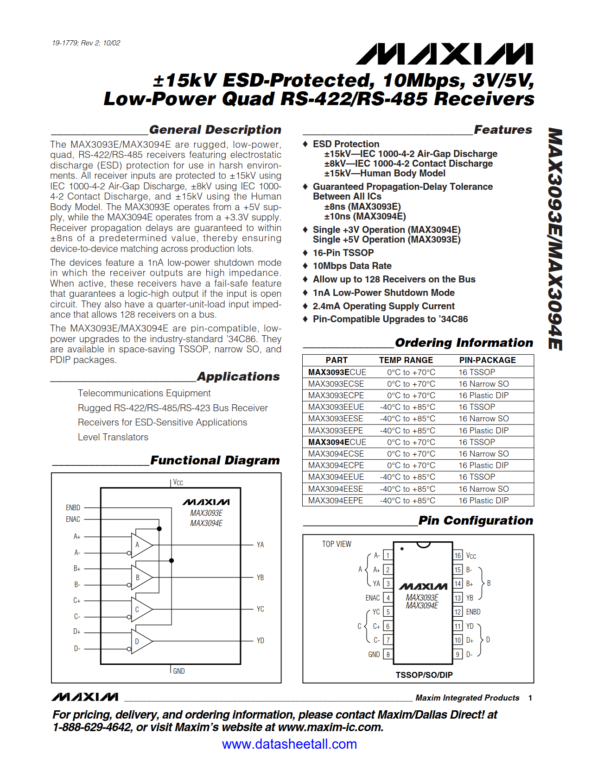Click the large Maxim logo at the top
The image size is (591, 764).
point(444,54)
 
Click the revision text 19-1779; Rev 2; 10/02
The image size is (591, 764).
point(86,43)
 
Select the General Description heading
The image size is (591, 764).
point(215,130)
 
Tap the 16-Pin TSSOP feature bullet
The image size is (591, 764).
point(343,253)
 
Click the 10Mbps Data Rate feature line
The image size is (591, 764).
point(352,266)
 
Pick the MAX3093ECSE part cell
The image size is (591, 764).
point(336,384)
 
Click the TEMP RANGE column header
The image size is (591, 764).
point(406,360)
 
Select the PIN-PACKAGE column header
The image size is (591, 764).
point(487,360)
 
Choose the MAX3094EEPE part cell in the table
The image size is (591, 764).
point(336,501)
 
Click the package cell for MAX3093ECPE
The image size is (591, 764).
point(483,395)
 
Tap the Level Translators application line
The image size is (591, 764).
point(113,437)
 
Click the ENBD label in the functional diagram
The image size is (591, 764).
point(73,507)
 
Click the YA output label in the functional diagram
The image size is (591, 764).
point(260,545)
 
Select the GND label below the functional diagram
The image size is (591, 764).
point(178,671)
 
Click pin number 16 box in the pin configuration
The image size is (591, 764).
point(458,556)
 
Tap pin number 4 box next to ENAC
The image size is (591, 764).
point(388,598)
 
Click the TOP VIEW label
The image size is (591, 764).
point(337,544)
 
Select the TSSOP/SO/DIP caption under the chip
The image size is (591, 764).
point(424,675)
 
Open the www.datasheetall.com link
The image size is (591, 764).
point(289,744)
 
